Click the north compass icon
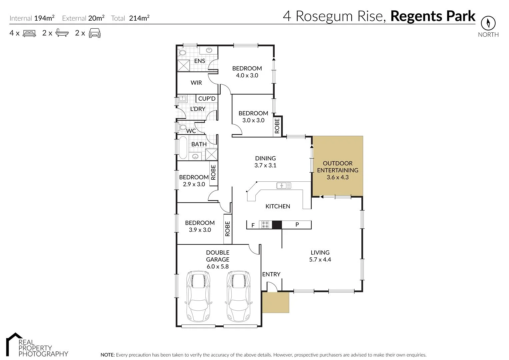[x=488, y=23]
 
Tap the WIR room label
[x=196, y=83]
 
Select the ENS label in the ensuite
[x=200, y=61]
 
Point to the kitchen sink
[x=284, y=185]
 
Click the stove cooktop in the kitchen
[x=266, y=225]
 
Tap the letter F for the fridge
[x=253, y=225]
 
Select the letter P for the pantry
[x=297, y=225]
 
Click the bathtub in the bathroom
[x=183, y=148]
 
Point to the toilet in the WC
[x=182, y=127]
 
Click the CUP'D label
[x=207, y=99]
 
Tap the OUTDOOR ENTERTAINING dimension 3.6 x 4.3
[x=337, y=177]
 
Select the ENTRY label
[x=271, y=274]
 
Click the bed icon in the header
[x=29, y=33]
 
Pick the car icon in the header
[x=95, y=33]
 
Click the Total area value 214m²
[x=139, y=18]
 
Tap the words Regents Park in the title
[x=433, y=16]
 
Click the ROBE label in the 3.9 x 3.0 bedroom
[x=228, y=229]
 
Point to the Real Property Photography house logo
[x=14, y=341]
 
